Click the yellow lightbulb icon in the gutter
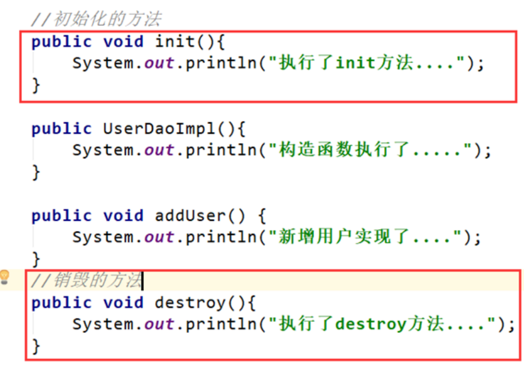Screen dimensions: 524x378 5,277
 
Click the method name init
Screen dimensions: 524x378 175,42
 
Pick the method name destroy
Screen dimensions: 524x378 191,303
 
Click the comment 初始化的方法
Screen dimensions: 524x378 96,20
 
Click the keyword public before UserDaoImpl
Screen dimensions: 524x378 61,129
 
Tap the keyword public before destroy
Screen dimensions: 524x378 61,303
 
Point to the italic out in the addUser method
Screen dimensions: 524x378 160,237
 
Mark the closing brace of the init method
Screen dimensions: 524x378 36,85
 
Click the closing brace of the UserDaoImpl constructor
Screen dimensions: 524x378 36,172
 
